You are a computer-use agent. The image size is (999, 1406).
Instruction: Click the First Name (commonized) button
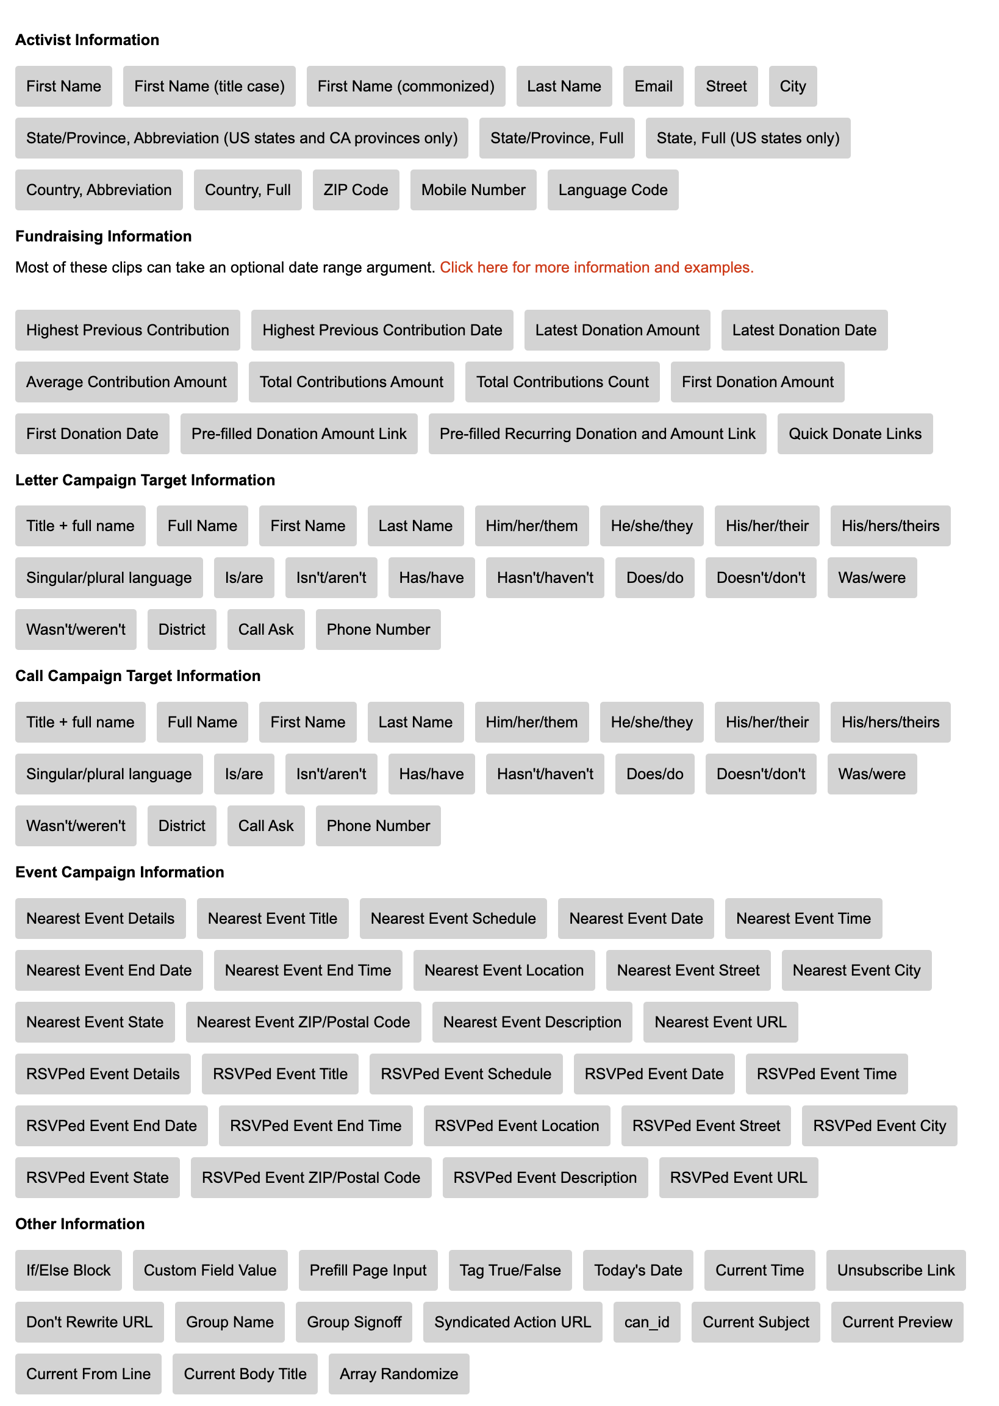406,86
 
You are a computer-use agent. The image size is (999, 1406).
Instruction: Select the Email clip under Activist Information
653,86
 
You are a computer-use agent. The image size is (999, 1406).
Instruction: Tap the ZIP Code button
356,190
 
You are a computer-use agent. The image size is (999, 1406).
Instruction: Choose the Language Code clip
612,190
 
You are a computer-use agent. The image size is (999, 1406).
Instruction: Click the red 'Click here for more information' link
596,268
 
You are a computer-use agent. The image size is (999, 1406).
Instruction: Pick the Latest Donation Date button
803,330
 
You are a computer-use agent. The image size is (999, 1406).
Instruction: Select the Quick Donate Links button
854,434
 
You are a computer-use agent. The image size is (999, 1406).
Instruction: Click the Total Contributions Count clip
562,382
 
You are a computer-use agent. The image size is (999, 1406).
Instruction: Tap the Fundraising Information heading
103,236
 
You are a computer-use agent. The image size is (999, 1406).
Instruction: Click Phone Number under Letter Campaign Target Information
378,630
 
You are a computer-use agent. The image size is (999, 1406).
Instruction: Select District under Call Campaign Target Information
182,826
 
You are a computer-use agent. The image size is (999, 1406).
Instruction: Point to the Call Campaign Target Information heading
138,676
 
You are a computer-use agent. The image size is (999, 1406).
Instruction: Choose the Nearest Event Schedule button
453,919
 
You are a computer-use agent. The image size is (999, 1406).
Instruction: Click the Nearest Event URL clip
720,1022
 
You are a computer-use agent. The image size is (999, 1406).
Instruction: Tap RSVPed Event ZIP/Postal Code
310,1178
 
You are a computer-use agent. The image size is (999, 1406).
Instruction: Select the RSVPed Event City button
879,1126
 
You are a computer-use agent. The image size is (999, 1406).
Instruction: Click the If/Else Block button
68,1271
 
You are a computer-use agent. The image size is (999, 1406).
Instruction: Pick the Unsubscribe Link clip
895,1271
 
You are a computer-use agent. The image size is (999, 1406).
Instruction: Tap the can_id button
646,1322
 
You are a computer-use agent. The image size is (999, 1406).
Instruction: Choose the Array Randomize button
399,1374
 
